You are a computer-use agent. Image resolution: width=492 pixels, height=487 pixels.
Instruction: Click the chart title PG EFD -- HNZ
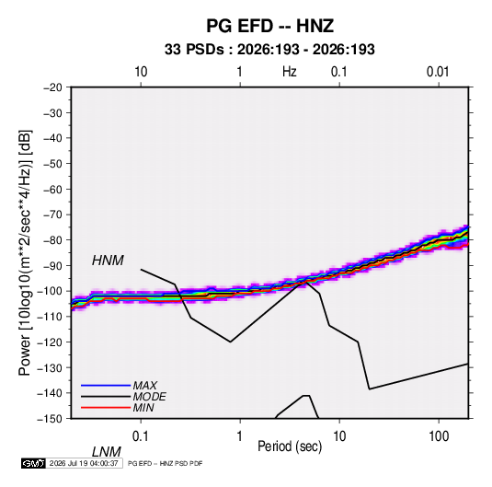pyautogui.click(x=269, y=26)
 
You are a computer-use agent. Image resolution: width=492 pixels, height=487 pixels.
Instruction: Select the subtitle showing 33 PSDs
pyautogui.click(x=269, y=50)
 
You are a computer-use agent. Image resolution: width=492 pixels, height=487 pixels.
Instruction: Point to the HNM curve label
pyautogui.click(x=108, y=261)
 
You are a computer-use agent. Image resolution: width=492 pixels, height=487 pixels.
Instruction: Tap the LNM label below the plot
pyautogui.click(x=106, y=452)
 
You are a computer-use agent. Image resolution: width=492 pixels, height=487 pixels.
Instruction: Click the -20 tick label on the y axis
pyautogui.click(x=52, y=87)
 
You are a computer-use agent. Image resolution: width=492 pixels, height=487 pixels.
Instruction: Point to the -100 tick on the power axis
pyautogui.click(x=50, y=291)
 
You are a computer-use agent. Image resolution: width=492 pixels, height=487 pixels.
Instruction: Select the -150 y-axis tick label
pyautogui.click(x=50, y=418)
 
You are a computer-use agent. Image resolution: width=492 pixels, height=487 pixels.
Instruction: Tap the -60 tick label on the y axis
pyautogui.click(x=52, y=189)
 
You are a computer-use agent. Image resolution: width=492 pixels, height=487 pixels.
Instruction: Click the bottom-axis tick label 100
pyautogui.click(x=439, y=436)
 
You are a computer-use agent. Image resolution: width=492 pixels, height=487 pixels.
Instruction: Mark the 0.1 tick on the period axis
pyautogui.click(x=140, y=436)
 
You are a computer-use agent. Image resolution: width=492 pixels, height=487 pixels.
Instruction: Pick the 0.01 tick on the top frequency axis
pyautogui.click(x=438, y=72)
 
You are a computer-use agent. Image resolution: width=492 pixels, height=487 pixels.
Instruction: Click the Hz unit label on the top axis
pyautogui.click(x=290, y=72)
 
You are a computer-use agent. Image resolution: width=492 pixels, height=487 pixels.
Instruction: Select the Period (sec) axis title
pyautogui.click(x=290, y=446)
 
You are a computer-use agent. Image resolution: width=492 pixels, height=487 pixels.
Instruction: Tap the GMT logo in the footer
pyautogui.click(x=34, y=463)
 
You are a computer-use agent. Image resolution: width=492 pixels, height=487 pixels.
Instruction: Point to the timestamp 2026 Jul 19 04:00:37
pyautogui.click(x=84, y=463)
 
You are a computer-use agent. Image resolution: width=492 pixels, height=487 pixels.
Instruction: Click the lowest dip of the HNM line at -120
pyautogui.click(x=230, y=342)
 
